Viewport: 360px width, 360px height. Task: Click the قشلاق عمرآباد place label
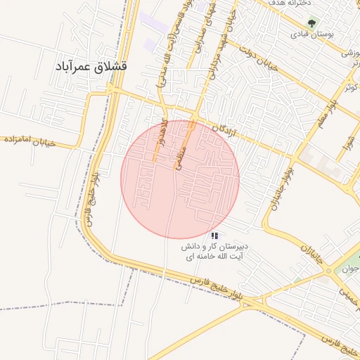point(91,66)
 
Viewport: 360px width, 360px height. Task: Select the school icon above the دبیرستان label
point(214,236)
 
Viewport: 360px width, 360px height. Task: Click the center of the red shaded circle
point(180,179)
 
